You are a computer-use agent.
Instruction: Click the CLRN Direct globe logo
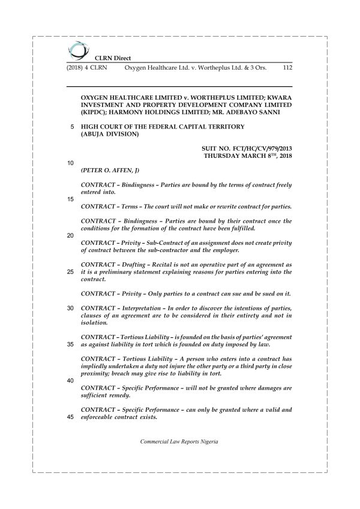(x=76, y=50)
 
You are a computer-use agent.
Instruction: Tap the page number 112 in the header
(x=286, y=68)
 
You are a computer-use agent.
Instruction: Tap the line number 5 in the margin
(x=72, y=127)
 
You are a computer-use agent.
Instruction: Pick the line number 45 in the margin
(x=71, y=418)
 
